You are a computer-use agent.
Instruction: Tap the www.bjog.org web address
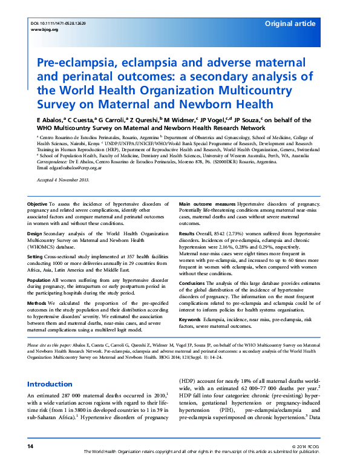(41, 29)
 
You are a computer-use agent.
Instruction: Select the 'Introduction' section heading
(50, 384)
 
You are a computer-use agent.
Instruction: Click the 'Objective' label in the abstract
(38, 205)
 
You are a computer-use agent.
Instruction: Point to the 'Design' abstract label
(34, 233)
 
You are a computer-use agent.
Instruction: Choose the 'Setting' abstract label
(36, 256)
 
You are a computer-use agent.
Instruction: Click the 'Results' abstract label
(188, 233)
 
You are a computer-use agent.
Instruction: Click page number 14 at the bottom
(30, 462)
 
